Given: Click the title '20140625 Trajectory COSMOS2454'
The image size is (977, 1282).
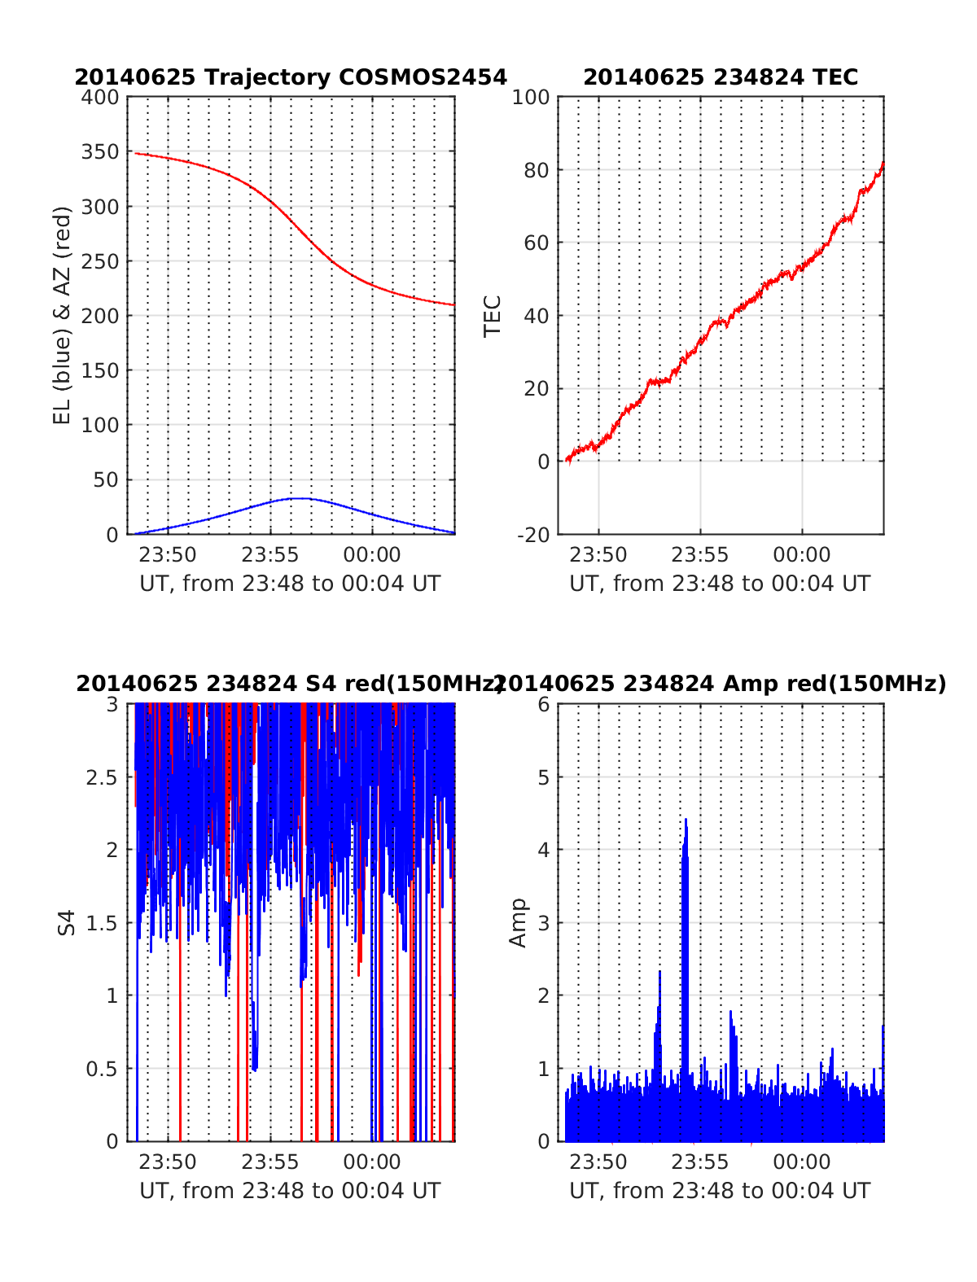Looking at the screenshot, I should click(291, 77).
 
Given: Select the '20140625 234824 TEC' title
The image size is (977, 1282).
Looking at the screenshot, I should click(721, 77).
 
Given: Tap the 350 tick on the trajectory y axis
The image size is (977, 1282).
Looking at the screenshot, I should click(100, 152).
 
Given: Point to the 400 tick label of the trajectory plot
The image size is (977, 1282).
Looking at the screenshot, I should click(100, 98).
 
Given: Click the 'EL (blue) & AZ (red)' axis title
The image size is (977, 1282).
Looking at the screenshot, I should click(63, 315).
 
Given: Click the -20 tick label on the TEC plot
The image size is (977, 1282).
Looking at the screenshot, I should click(532, 535).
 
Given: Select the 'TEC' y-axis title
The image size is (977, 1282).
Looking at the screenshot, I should click(493, 316).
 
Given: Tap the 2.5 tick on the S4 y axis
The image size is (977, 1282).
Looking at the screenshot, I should click(102, 777).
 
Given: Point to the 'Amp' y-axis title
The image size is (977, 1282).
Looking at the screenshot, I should click(518, 923).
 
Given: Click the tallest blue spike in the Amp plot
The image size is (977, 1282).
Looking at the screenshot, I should click(686, 822).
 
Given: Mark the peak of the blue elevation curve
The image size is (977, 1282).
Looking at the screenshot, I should click(300, 498).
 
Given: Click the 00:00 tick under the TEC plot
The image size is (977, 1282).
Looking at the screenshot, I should click(801, 555).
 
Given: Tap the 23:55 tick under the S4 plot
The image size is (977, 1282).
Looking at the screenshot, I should click(270, 1162).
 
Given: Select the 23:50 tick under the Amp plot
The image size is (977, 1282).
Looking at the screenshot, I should click(598, 1162).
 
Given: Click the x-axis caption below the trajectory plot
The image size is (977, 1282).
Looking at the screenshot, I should click(290, 584).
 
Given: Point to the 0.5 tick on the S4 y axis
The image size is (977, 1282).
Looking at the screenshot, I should click(102, 1069).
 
